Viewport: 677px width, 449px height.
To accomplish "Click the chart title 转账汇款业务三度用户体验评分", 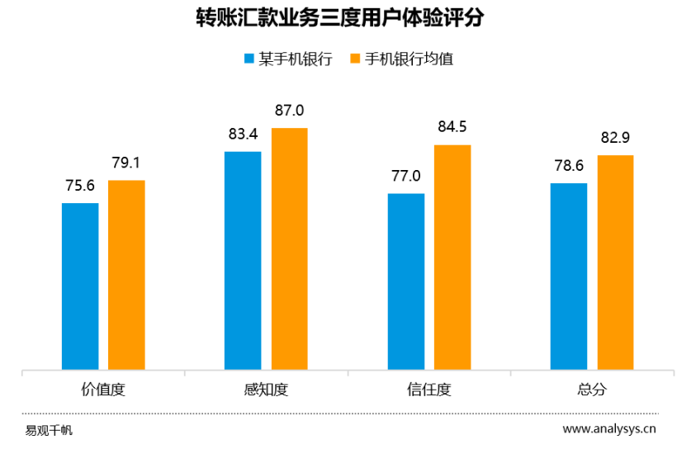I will click(x=338, y=18).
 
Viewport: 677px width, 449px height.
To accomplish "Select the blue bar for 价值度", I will click(x=80, y=286).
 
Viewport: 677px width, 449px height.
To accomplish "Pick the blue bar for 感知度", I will click(x=243, y=260).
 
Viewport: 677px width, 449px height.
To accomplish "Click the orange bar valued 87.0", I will click(x=289, y=248).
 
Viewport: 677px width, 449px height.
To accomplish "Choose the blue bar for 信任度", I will click(x=405, y=281).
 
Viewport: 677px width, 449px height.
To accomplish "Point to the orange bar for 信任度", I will click(x=452, y=257).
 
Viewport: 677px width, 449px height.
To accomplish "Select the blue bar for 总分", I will click(x=569, y=276).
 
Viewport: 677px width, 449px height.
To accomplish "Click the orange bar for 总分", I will click(x=615, y=262).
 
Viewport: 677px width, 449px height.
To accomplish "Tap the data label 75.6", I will click(x=80, y=187).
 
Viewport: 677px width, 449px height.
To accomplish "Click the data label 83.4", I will click(x=243, y=135).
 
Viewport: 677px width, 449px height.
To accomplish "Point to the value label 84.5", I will click(x=452, y=127).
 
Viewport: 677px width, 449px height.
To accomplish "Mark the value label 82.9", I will click(x=615, y=138).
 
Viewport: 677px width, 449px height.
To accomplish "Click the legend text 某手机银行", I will click(x=296, y=59).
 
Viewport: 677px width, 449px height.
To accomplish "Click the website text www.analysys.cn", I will click(x=609, y=428).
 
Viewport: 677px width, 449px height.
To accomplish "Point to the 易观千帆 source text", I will click(x=49, y=429).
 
